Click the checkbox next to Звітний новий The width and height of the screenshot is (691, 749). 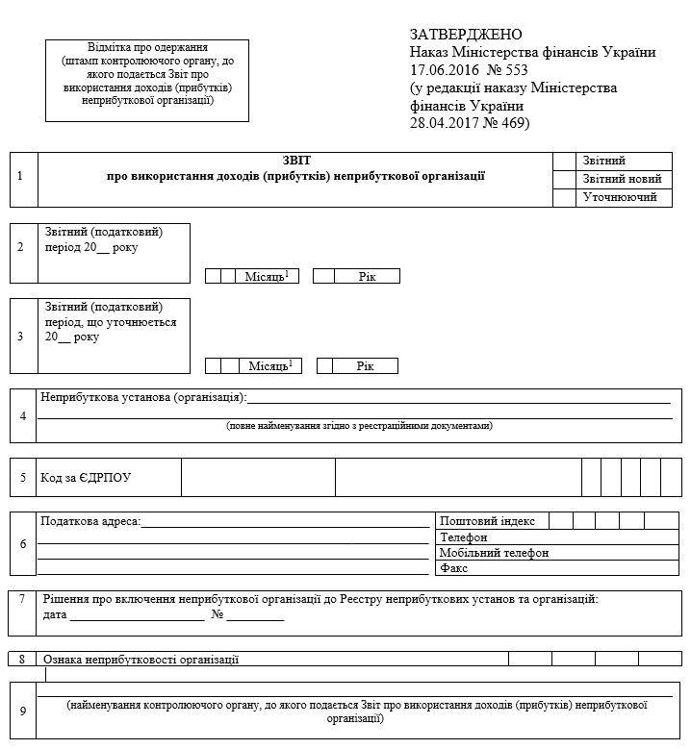[x=564, y=179]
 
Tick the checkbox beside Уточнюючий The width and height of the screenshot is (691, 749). [x=564, y=197]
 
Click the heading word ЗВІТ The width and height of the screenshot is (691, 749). [x=297, y=161]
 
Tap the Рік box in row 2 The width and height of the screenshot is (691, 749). [x=367, y=276]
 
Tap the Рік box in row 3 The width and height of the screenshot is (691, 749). [x=365, y=366]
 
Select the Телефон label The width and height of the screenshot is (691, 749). [x=464, y=537]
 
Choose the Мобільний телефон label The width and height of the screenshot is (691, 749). [x=494, y=553]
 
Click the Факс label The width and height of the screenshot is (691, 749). [x=454, y=568]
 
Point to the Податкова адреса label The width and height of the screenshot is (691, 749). [x=90, y=521]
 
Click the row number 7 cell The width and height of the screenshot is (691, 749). [x=21, y=599]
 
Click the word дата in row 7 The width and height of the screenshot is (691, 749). [x=55, y=615]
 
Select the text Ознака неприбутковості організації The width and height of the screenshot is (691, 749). [x=140, y=660]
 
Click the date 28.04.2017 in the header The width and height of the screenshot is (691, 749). [x=444, y=123]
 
